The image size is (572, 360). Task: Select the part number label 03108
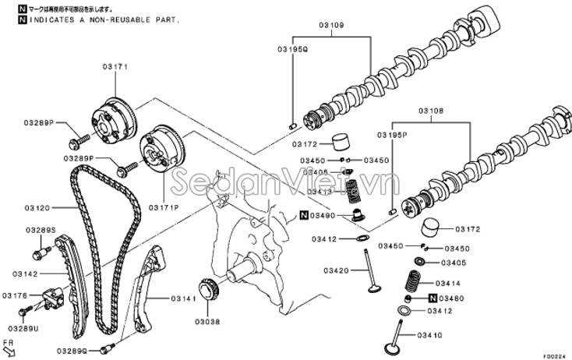click(430, 111)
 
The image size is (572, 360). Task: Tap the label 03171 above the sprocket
click(115, 68)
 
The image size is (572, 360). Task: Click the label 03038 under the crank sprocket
click(207, 321)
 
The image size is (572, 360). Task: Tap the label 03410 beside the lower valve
click(429, 336)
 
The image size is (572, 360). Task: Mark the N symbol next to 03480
click(432, 298)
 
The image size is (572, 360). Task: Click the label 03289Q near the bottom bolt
click(72, 350)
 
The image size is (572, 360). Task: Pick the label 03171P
click(164, 208)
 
